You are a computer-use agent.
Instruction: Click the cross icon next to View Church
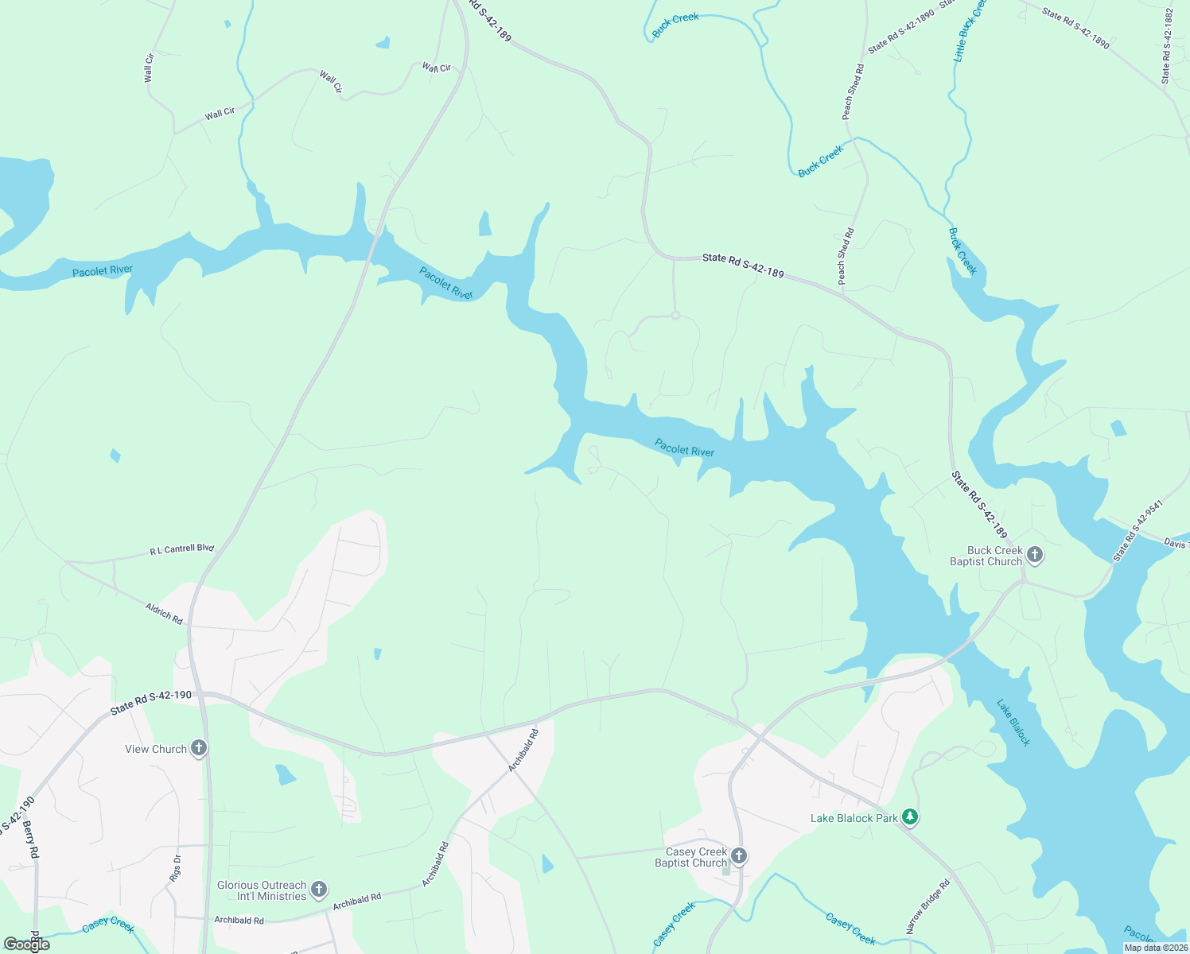pos(199,748)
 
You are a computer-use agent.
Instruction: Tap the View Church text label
pos(156,749)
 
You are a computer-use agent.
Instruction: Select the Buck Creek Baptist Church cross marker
pos(1034,555)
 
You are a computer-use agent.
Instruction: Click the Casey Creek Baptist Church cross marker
pos(739,856)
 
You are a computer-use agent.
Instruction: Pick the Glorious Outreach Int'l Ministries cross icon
pos(319,890)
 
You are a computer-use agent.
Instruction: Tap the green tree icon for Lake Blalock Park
pos(911,817)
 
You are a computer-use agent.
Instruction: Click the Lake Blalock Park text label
pos(854,818)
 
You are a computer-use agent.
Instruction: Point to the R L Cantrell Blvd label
pos(182,549)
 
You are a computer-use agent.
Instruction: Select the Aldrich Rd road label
pos(164,613)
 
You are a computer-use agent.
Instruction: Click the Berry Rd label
pos(31,840)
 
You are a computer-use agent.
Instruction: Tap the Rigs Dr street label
pos(176,868)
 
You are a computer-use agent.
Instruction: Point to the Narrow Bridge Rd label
pos(927,906)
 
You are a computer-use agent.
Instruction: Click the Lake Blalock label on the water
pos(1013,723)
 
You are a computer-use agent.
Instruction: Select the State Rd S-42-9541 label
pos(1137,531)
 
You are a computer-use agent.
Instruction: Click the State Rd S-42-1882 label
pos(1167,46)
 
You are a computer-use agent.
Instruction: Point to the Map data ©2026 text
pos(1156,948)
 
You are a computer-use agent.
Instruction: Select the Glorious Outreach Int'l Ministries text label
pos(262,890)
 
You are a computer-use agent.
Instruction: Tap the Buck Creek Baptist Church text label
pos(986,556)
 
